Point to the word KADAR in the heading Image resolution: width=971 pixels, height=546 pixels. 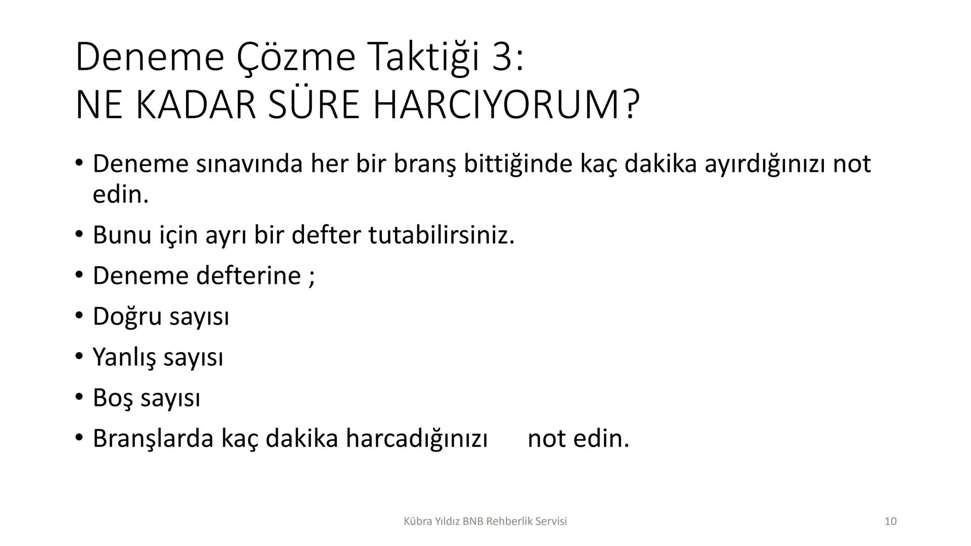pos(196,105)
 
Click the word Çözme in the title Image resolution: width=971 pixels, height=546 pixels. pos(296,57)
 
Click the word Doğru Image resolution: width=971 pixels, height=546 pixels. pos(127,317)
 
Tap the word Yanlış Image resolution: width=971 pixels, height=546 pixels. pos(124,357)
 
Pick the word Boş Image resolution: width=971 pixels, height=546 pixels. pos(113,398)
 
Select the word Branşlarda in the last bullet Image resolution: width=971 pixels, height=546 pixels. pos(153,438)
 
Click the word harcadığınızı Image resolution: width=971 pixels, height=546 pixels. pos(416,438)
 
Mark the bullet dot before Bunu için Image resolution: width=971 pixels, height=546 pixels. pos(78,235)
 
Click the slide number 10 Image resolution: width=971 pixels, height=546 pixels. pos(891,521)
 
